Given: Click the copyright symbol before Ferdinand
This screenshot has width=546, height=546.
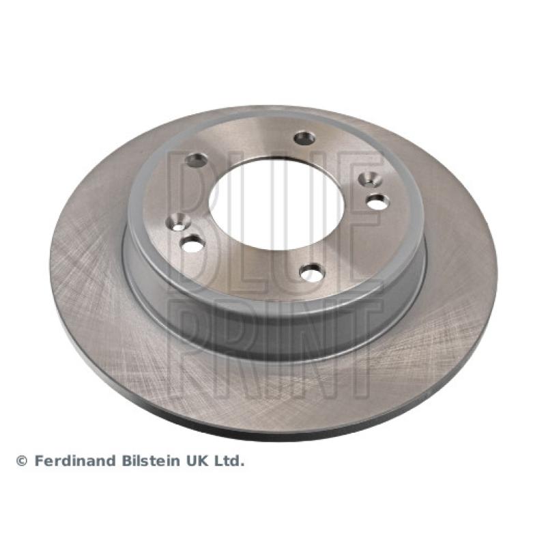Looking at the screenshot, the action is click(x=22, y=462).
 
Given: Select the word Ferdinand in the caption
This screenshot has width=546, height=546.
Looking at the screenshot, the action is click(x=75, y=461).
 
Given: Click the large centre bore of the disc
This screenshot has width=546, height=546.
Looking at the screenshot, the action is click(x=276, y=204).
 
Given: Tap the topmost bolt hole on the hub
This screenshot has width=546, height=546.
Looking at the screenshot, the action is click(x=304, y=138).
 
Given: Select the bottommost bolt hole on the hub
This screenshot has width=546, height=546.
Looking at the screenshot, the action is click(x=311, y=272).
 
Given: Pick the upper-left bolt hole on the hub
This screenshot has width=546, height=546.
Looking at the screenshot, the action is click(x=197, y=160).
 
